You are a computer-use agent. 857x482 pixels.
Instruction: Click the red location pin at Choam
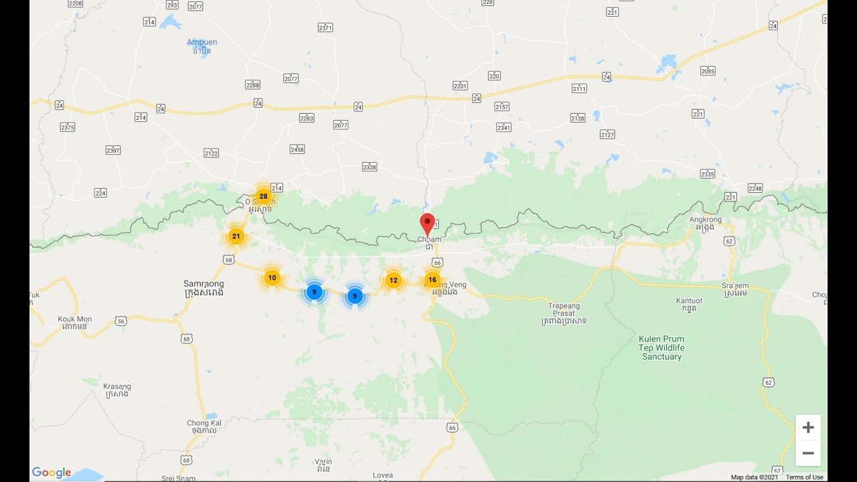pyautogui.click(x=427, y=224)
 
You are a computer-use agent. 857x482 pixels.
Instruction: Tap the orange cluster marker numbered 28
pyautogui.click(x=263, y=196)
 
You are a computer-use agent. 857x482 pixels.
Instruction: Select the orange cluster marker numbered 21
pyautogui.click(x=236, y=236)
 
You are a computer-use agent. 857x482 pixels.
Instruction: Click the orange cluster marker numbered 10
pyautogui.click(x=272, y=278)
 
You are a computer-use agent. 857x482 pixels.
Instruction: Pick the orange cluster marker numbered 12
pyautogui.click(x=393, y=280)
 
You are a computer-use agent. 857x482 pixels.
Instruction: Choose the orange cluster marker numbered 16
pyautogui.click(x=433, y=280)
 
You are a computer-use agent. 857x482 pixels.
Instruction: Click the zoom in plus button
pyautogui.click(x=808, y=427)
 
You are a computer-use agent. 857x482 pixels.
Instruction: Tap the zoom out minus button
pyautogui.click(x=808, y=453)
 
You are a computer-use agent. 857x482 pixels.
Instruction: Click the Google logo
pyautogui.click(x=52, y=473)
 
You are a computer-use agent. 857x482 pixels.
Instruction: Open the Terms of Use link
pyautogui.click(x=804, y=477)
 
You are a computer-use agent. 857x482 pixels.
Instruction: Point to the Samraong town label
pyautogui.click(x=204, y=288)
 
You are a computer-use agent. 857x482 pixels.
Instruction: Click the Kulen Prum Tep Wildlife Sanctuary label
pyautogui.click(x=661, y=347)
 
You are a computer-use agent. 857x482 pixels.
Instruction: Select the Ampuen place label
pyautogui.click(x=202, y=46)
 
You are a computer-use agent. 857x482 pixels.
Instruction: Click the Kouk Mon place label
pyautogui.click(x=75, y=323)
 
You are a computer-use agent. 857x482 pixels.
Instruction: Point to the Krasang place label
pyautogui.click(x=117, y=390)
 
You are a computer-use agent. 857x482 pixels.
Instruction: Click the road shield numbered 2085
pyautogui.click(x=708, y=71)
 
